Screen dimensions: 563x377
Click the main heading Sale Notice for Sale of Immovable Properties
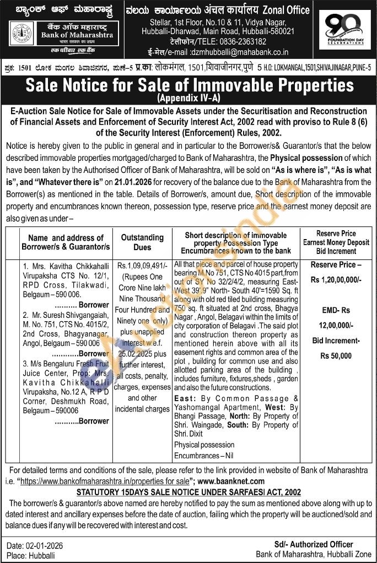pyautogui.click(x=188, y=85)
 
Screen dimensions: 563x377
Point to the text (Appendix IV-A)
pyautogui.click(x=188, y=99)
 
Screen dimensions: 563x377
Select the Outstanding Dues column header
pyautogui.click(x=142, y=242)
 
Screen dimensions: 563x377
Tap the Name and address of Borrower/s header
pyautogui.click(x=62, y=242)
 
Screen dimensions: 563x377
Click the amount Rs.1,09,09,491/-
pyautogui.click(x=142, y=266)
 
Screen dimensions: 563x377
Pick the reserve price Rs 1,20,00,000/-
pyautogui.click(x=336, y=280)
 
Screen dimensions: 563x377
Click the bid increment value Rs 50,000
pyautogui.click(x=336, y=356)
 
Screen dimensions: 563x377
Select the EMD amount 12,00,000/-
pyautogui.click(x=336, y=326)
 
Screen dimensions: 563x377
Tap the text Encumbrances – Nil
pyautogui.click(x=204, y=456)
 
